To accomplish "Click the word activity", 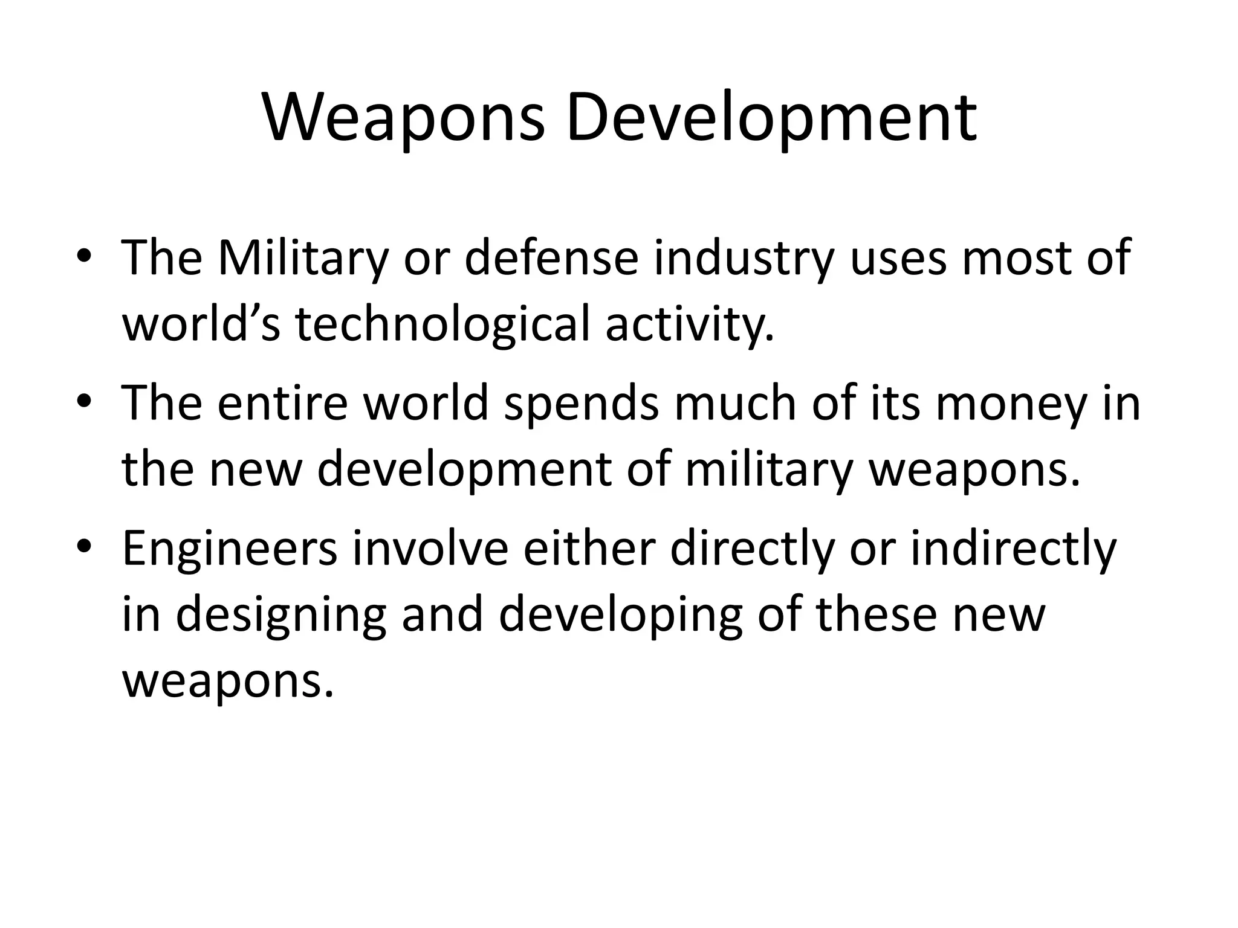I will click(689, 325).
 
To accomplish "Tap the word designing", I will click(280, 615).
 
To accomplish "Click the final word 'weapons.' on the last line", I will click(228, 681).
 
